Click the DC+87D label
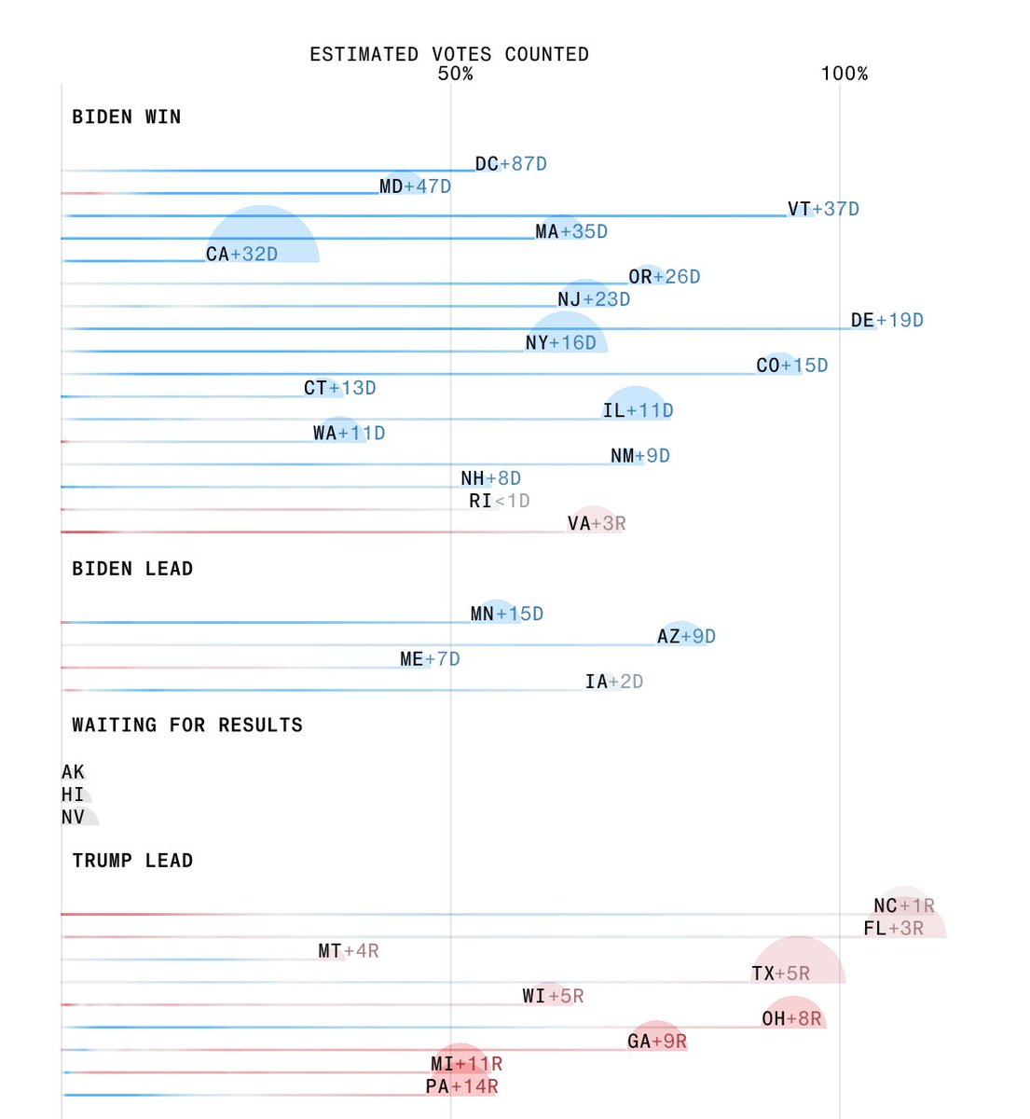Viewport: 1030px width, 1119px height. [x=511, y=164]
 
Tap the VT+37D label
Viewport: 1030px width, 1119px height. [x=823, y=209]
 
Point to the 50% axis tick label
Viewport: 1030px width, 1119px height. [x=455, y=74]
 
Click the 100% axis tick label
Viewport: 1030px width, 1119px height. [x=844, y=74]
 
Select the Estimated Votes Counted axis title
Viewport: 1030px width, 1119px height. [x=449, y=54]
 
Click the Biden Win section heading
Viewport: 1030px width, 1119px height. [x=127, y=117]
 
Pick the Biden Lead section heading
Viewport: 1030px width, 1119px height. [x=132, y=569]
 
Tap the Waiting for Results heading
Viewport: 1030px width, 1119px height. [x=187, y=725]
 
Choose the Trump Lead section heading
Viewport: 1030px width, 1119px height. [x=132, y=860]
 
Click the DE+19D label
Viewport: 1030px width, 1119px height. [x=886, y=321]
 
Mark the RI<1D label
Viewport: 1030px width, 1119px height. [x=499, y=501]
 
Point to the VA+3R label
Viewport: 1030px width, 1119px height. [x=597, y=524]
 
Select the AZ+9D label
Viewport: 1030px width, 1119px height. [x=686, y=636]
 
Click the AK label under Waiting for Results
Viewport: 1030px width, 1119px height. [x=73, y=772]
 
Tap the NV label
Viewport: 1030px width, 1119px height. [x=73, y=817]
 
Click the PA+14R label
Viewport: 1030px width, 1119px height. [x=461, y=1086]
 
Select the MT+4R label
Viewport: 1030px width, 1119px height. [x=348, y=951]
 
